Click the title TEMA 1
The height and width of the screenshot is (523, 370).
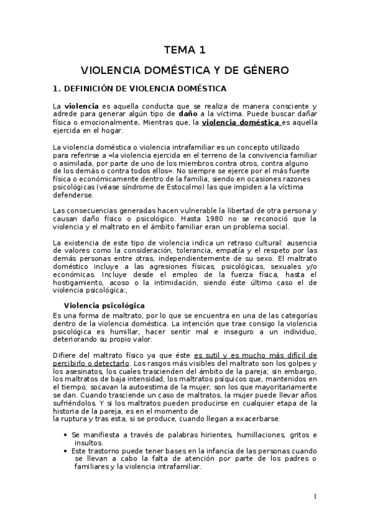pyautogui.click(x=185, y=49)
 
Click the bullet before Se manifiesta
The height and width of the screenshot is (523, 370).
pyautogui.click(x=66, y=435)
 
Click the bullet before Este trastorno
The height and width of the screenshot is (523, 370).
pyautogui.click(x=66, y=451)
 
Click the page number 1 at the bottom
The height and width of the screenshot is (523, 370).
pyautogui.click(x=314, y=497)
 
